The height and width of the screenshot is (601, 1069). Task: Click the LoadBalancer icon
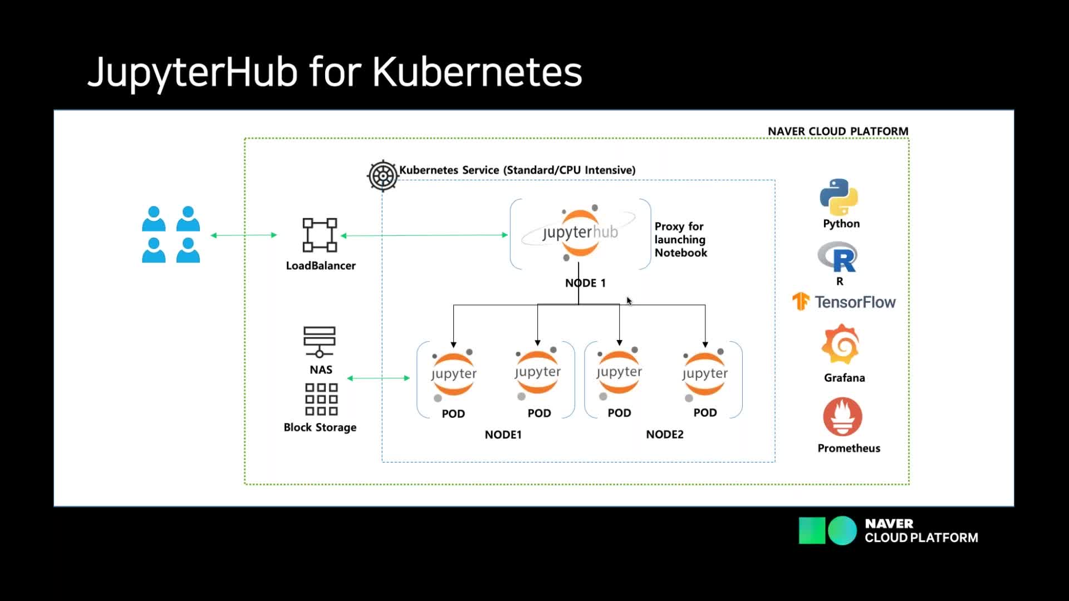coord(320,235)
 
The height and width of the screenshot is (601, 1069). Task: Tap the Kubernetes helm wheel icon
coord(383,176)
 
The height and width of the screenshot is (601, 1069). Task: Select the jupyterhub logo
coord(580,233)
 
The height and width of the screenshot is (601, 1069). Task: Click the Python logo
coord(838,197)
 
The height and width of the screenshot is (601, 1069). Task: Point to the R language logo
coord(837,257)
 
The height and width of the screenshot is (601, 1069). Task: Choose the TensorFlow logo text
coord(855,302)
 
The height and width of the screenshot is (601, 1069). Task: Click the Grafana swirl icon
coord(841,344)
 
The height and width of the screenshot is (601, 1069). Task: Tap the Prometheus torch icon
coord(842,417)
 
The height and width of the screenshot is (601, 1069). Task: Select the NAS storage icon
coord(320,342)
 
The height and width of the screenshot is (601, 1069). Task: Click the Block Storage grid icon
coord(321,399)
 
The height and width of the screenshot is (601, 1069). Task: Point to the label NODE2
coord(664,434)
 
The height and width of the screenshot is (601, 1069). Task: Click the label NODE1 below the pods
coord(503,434)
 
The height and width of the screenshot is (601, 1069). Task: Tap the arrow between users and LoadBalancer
coord(244,235)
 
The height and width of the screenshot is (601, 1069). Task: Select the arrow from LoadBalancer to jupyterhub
coord(424,235)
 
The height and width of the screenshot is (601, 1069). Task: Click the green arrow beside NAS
coord(379,378)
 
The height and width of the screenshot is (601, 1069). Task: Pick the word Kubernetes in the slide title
coord(477,72)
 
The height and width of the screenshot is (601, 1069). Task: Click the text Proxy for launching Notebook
coord(680,239)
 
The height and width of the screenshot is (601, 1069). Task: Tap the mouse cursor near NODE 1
coord(629,301)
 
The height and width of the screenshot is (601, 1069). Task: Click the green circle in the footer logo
coord(842,530)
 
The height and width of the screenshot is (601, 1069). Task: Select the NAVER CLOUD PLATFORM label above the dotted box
coord(838,131)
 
